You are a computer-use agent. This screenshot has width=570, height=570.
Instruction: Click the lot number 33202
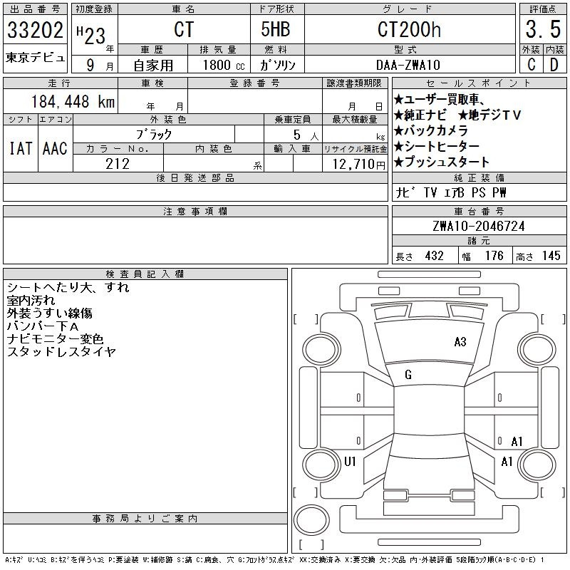click(35, 29)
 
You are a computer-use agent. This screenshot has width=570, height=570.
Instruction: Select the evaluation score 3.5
click(543, 29)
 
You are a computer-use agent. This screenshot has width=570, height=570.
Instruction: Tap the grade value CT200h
click(409, 29)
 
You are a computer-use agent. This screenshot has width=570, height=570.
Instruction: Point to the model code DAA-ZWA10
click(408, 65)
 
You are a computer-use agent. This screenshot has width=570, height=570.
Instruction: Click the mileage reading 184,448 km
click(73, 102)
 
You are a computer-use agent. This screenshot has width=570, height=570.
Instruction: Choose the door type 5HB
click(276, 29)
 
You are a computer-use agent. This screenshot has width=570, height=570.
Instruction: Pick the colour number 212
click(118, 164)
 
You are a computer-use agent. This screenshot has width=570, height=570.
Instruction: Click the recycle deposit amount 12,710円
click(358, 165)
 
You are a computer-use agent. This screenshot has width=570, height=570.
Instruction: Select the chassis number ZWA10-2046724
click(479, 226)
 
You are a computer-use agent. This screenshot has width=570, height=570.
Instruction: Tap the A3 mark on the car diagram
click(460, 342)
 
